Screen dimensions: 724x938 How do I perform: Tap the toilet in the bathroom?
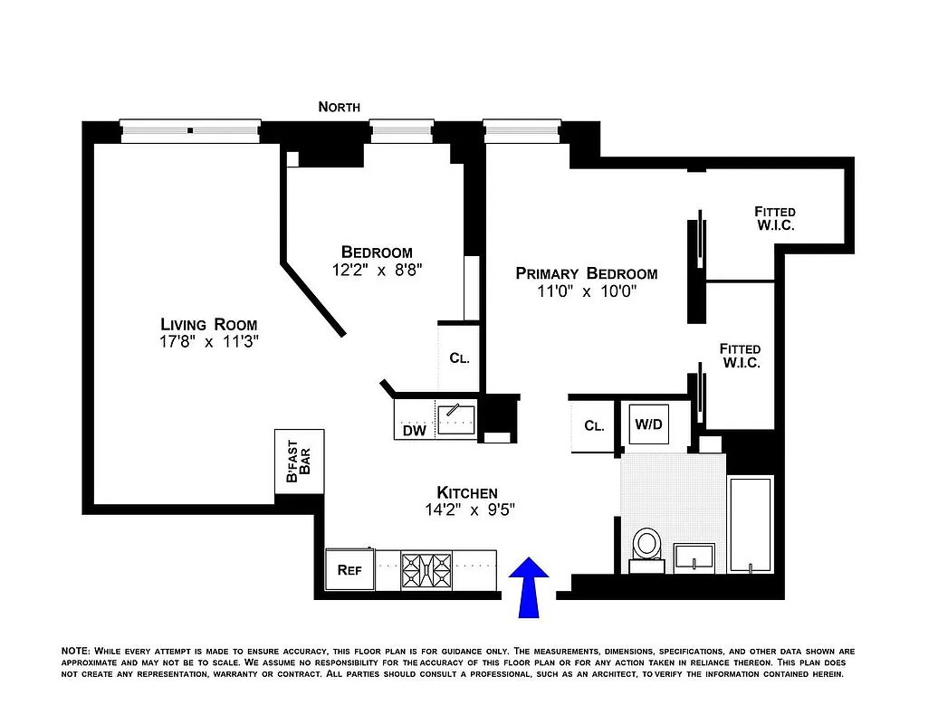pos(647,548)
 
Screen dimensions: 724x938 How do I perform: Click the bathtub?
pos(751,524)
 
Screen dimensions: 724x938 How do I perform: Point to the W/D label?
pos(647,424)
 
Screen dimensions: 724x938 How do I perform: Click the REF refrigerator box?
pos(349,570)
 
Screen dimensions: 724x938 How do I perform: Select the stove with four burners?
pos(426,570)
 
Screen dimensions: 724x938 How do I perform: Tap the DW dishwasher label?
pos(415,431)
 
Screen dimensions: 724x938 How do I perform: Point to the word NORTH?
pos(340,107)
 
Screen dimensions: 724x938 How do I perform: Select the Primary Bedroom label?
pos(587,273)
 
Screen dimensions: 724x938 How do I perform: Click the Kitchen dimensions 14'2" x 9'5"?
pos(467,509)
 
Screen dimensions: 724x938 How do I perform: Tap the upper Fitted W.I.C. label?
pos(775,218)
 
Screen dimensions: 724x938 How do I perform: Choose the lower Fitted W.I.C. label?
pos(740,356)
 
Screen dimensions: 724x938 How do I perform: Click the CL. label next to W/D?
pos(594,425)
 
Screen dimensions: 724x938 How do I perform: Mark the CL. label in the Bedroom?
pos(460,357)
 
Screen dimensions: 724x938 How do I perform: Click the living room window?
pos(191,130)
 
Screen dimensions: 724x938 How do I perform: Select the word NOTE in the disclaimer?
pos(74,651)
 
